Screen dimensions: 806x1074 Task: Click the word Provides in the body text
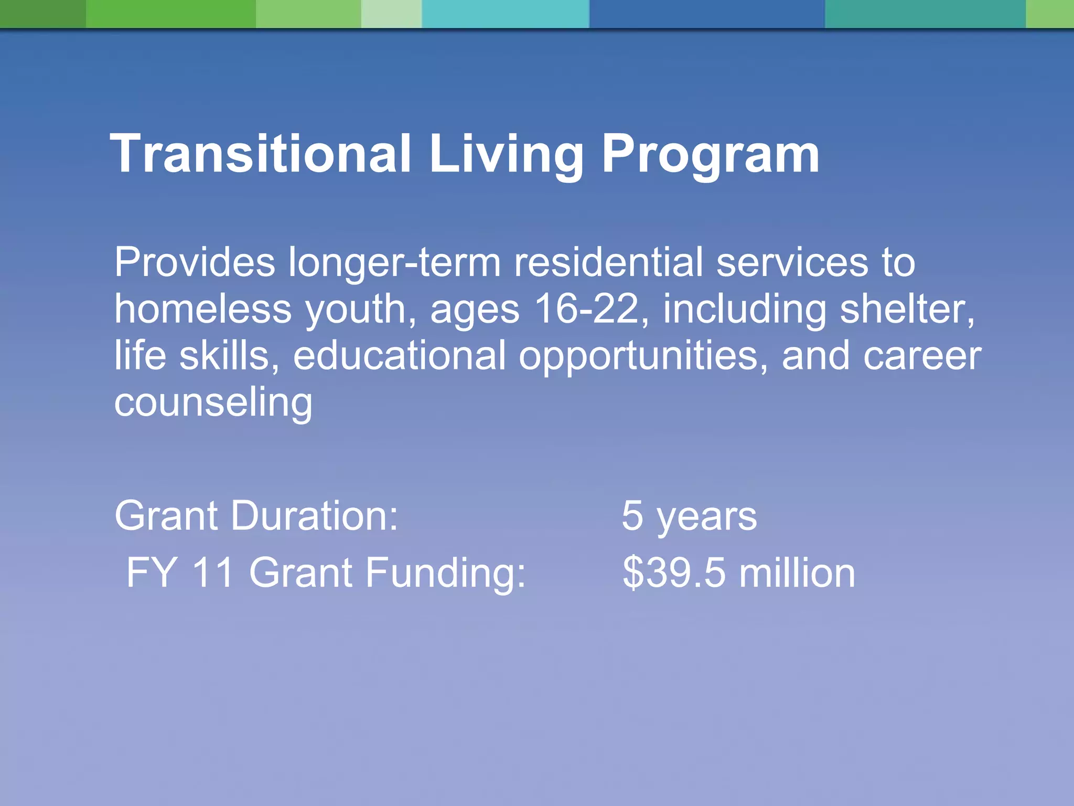[195, 262]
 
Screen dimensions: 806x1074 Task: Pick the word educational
[399, 355]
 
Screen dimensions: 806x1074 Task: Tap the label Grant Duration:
[256, 515]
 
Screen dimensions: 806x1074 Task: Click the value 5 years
[689, 516]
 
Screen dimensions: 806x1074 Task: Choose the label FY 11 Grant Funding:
[326, 572]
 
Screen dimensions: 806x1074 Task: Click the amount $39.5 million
[738, 572]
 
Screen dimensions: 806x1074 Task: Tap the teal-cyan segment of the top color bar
[506, 14]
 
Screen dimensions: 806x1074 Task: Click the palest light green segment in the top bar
[391, 14]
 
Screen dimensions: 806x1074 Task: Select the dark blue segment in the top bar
[706, 14]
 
